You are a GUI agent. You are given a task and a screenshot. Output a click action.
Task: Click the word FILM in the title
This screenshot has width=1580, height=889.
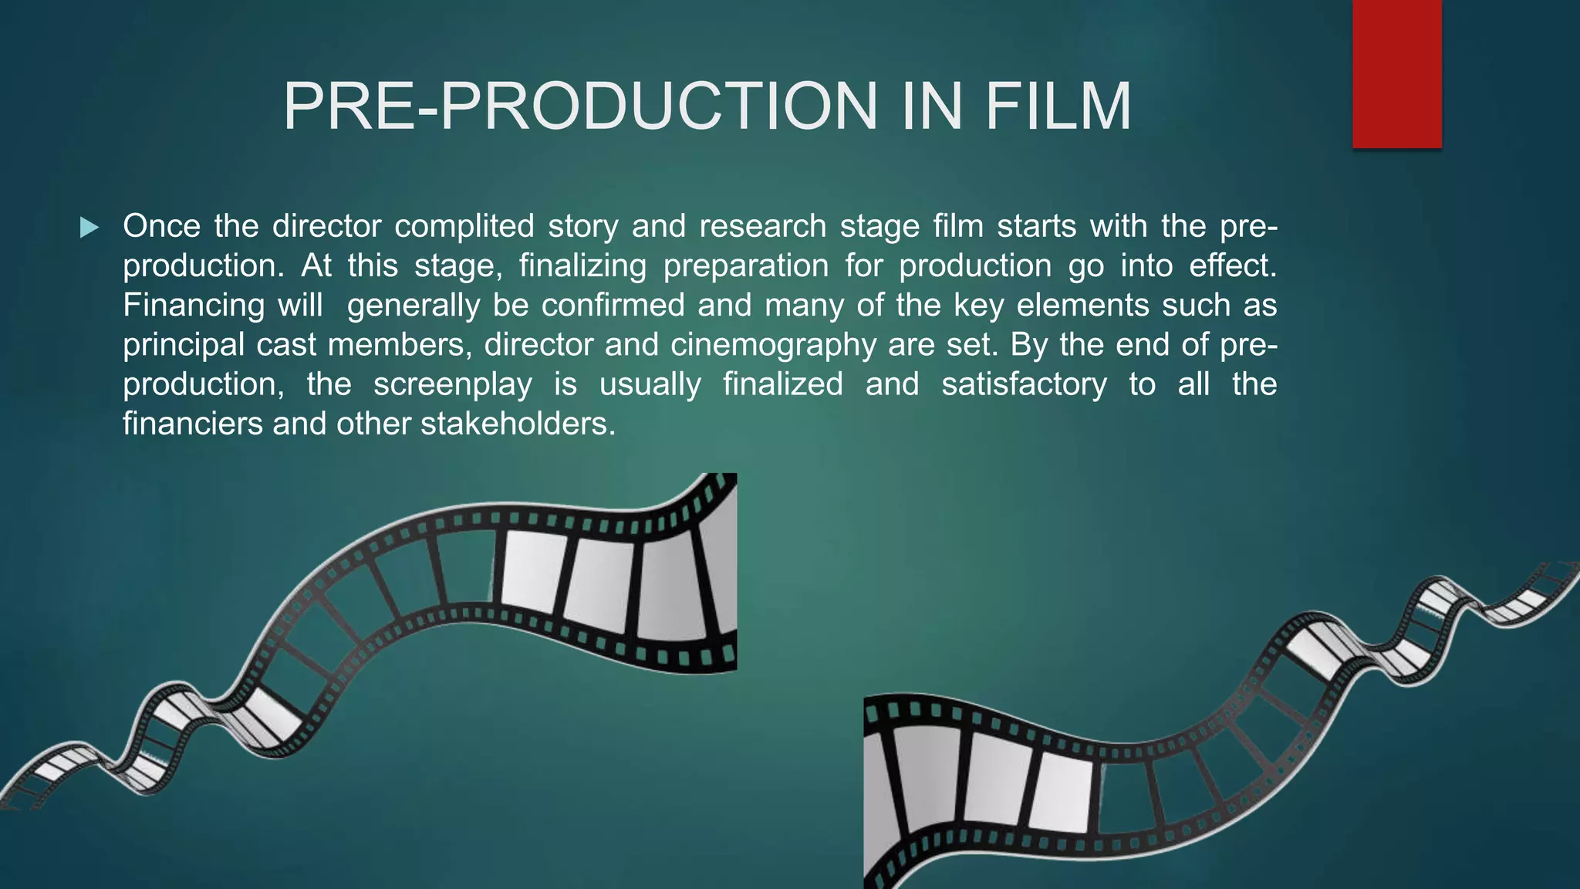(x=1058, y=106)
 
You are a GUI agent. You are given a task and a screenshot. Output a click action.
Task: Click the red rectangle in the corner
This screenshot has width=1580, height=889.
(x=1396, y=73)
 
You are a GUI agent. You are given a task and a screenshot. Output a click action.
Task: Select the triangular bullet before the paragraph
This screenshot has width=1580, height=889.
(x=89, y=228)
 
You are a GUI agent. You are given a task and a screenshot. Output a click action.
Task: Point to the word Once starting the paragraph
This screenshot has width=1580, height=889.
(x=161, y=227)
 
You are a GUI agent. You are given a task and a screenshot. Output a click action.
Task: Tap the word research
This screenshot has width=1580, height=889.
(x=762, y=227)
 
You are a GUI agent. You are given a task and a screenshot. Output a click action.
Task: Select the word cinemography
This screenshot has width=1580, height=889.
(x=773, y=345)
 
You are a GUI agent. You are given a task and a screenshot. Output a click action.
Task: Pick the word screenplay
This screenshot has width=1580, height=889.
(x=453, y=384)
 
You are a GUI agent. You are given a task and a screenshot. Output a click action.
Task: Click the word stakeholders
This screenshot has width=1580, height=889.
(x=518, y=424)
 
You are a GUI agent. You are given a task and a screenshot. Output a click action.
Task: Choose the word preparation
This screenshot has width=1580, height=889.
(x=746, y=266)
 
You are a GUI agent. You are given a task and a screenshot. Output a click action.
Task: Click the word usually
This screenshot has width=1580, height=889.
(x=650, y=384)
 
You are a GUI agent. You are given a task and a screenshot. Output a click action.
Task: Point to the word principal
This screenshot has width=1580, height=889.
(x=184, y=345)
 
